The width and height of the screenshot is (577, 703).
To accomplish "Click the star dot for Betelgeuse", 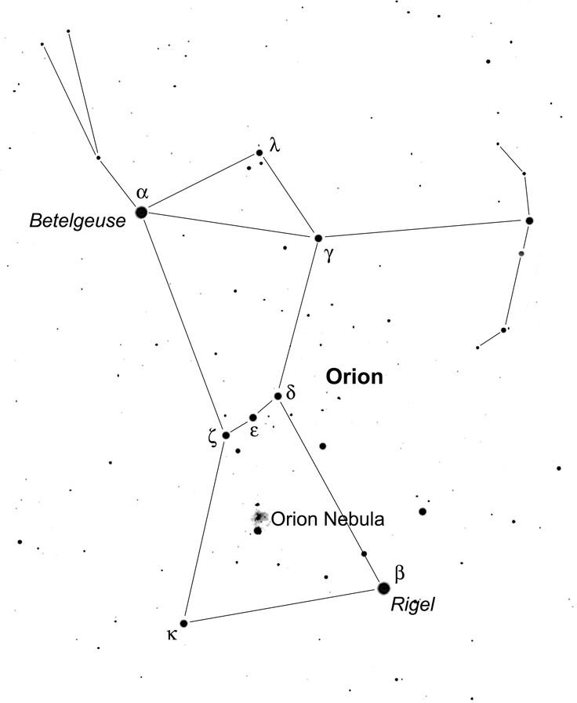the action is coord(142,212).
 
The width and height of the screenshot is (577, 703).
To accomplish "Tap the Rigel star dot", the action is coord(383,588).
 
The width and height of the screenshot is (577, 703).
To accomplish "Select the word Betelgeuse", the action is coord(78,220).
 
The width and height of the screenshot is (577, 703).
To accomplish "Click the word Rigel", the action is coord(412,604).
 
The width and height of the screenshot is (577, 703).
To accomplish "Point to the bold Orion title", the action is coord(354,377).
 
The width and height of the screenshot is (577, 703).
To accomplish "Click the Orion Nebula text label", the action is coord(328,519).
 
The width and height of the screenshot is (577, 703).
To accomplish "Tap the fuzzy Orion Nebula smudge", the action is coord(259,518).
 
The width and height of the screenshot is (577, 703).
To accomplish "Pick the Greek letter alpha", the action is coord(142,193).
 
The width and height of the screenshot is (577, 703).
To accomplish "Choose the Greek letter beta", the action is coord(400,573).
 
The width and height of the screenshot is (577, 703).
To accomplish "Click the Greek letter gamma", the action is coord(329,255).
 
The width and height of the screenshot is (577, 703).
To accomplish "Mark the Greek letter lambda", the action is coord(274,145).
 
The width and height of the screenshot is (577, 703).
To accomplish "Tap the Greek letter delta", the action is coord(290,392).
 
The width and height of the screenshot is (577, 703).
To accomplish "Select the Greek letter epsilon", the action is coord(253,431).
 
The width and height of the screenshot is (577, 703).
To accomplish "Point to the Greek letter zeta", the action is coord(212,436).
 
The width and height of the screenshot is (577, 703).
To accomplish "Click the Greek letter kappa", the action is coord(172,635).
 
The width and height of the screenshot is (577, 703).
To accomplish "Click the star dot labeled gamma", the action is coord(318,238).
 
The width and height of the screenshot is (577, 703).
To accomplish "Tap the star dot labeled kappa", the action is coord(183,623).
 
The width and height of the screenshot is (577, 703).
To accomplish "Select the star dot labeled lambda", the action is coord(259,153).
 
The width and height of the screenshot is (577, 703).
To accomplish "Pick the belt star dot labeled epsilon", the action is coord(252,418).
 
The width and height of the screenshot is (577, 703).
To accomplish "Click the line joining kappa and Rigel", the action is coord(284,606).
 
